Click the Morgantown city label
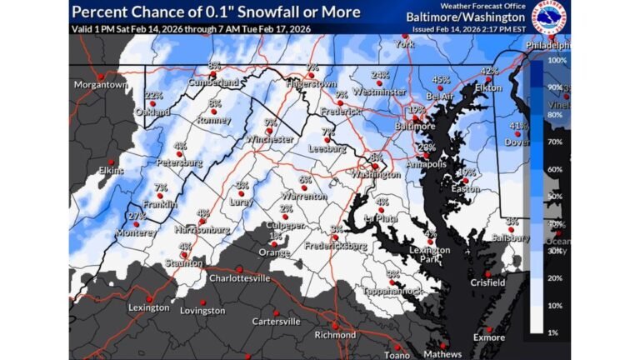(x=100, y=85)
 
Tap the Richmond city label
(x=336, y=335)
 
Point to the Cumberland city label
(x=213, y=82)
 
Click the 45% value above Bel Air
(x=441, y=80)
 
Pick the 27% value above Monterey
(x=137, y=217)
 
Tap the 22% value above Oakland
(x=153, y=96)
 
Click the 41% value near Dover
(x=518, y=126)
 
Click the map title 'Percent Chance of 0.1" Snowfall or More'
(x=216, y=12)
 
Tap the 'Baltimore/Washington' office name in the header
(x=466, y=17)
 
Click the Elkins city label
(x=111, y=171)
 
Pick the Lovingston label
(x=202, y=311)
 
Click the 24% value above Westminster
(x=380, y=74)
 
